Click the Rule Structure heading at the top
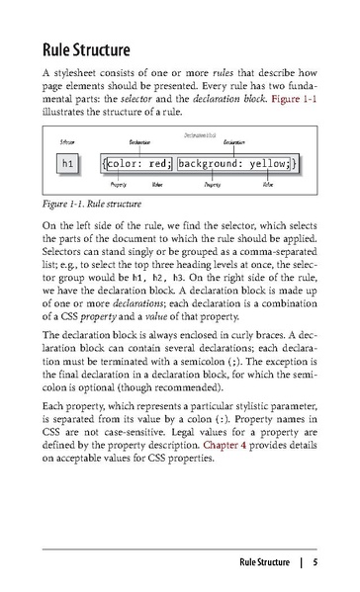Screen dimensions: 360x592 point(93,49)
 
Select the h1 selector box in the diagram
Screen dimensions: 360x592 point(67,162)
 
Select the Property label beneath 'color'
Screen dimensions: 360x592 point(118,184)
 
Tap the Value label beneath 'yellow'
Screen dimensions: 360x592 point(268,184)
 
